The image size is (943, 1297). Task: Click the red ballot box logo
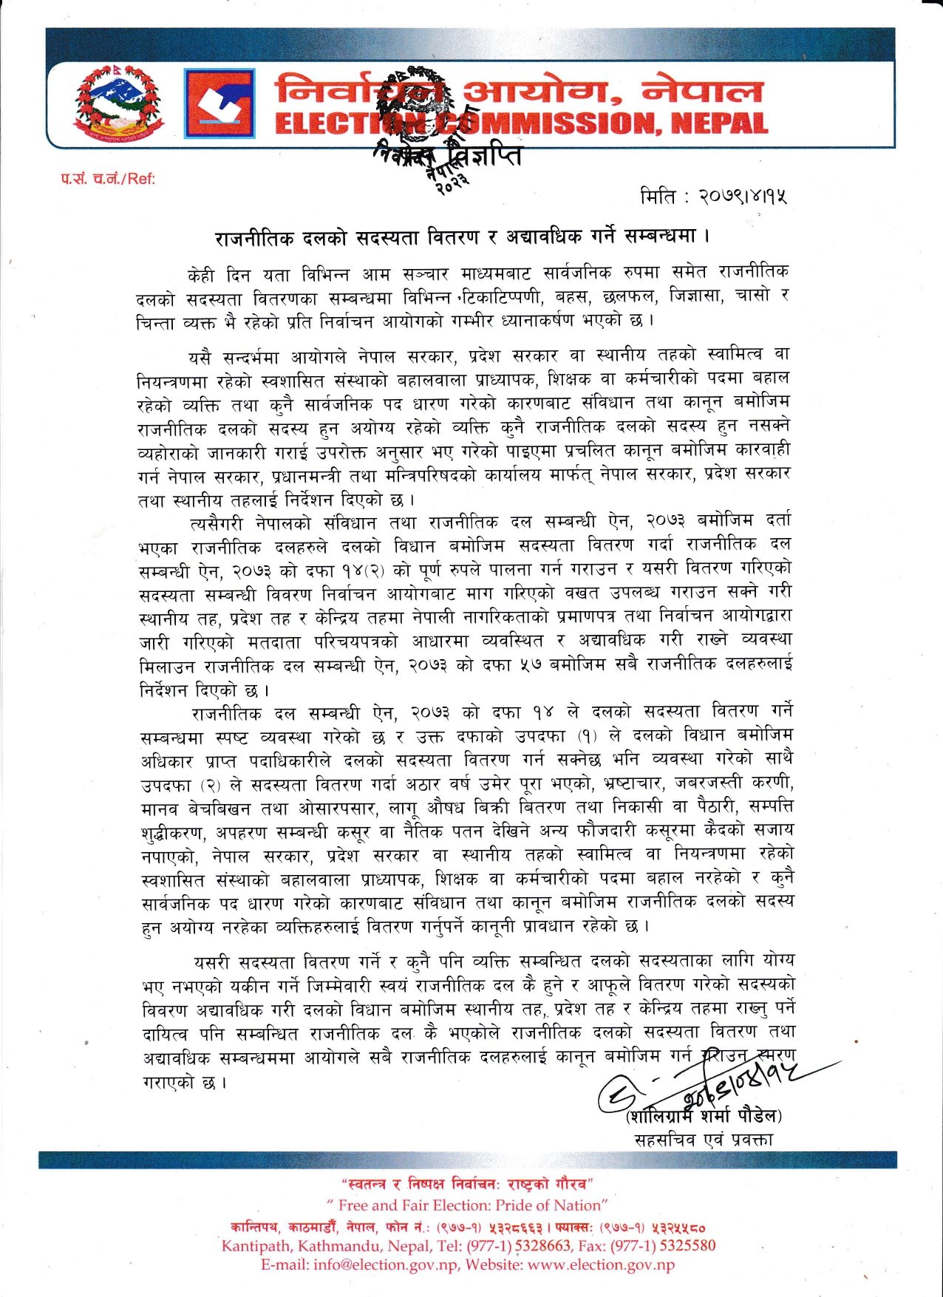pos(219,103)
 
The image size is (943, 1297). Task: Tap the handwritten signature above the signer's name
pos(709,1086)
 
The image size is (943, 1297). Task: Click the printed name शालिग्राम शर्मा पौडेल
pos(703,1115)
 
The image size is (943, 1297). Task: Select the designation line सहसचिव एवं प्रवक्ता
pos(704,1140)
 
